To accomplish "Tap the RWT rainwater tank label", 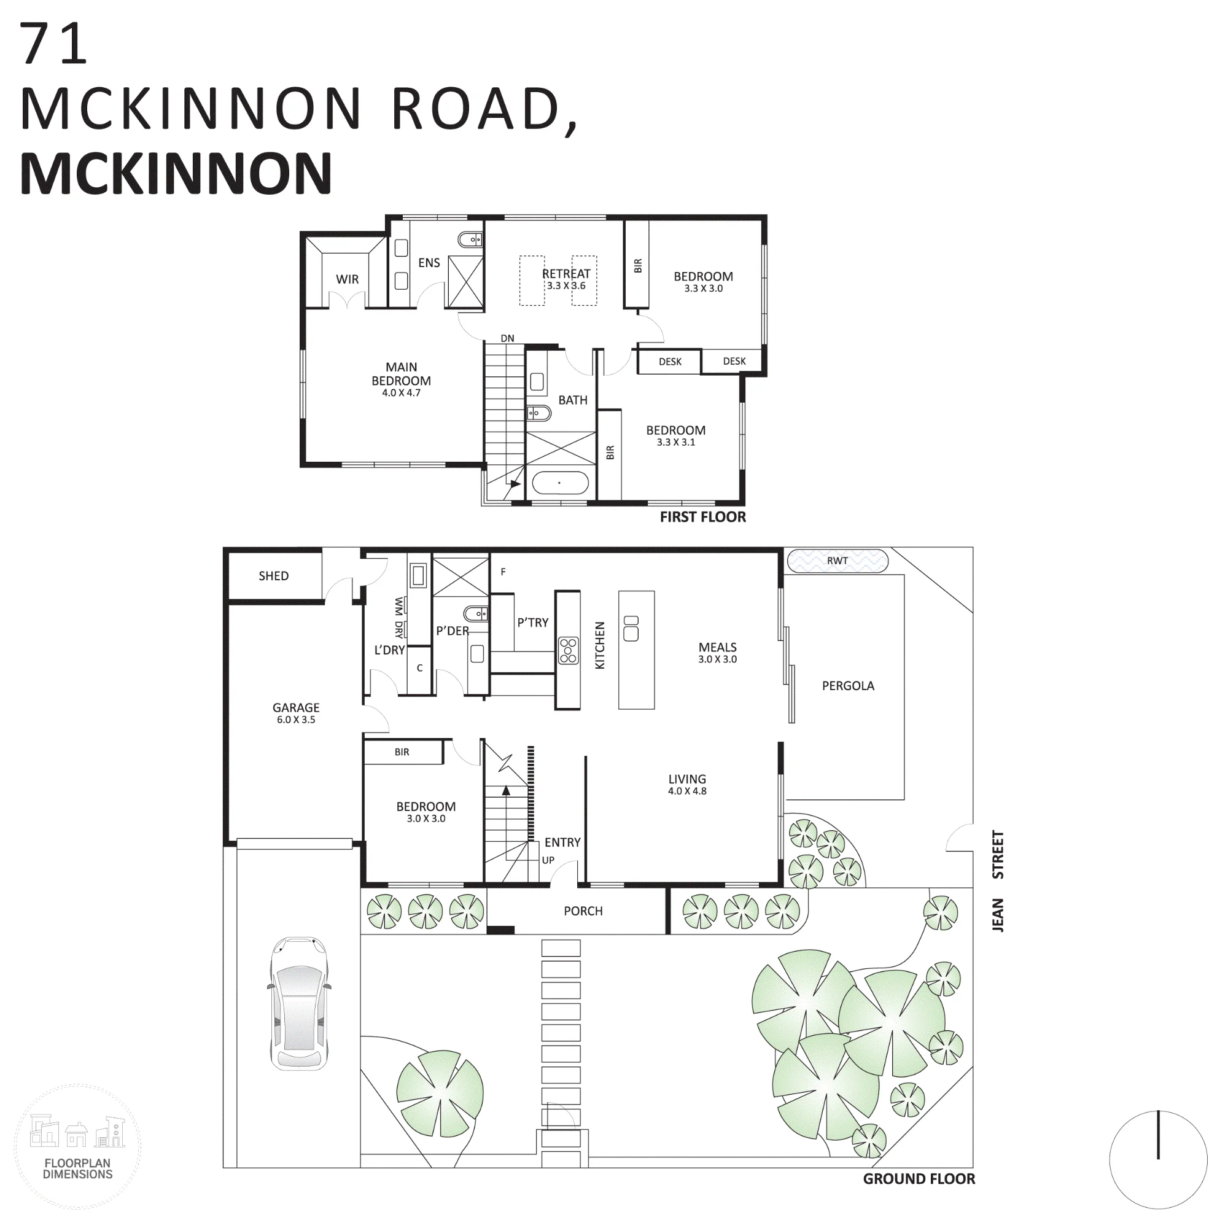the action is (x=837, y=561).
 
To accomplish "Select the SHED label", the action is (x=273, y=576).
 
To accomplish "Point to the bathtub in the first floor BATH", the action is (x=560, y=483).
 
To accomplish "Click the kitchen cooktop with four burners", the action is (x=568, y=650).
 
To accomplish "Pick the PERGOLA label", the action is (x=848, y=686).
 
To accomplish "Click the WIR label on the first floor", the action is (x=347, y=279).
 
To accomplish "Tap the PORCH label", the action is (x=583, y=911).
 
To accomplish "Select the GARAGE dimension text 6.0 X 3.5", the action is (x=296, y=720).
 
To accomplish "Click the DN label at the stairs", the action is (x=507, y=338).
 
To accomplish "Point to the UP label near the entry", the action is (x=548, y=860).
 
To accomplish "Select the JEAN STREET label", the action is (x=998, y=881).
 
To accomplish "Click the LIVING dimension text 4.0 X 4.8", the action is (x=687, y=791).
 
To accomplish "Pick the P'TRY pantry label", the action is (x=532, y=623).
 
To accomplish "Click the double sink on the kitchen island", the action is (x=631, y=629).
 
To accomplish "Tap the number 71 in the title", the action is (x=53, y=43).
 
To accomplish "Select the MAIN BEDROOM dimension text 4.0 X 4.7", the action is (x=401, y=393).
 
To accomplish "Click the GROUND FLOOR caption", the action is (x=919, y=1179).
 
